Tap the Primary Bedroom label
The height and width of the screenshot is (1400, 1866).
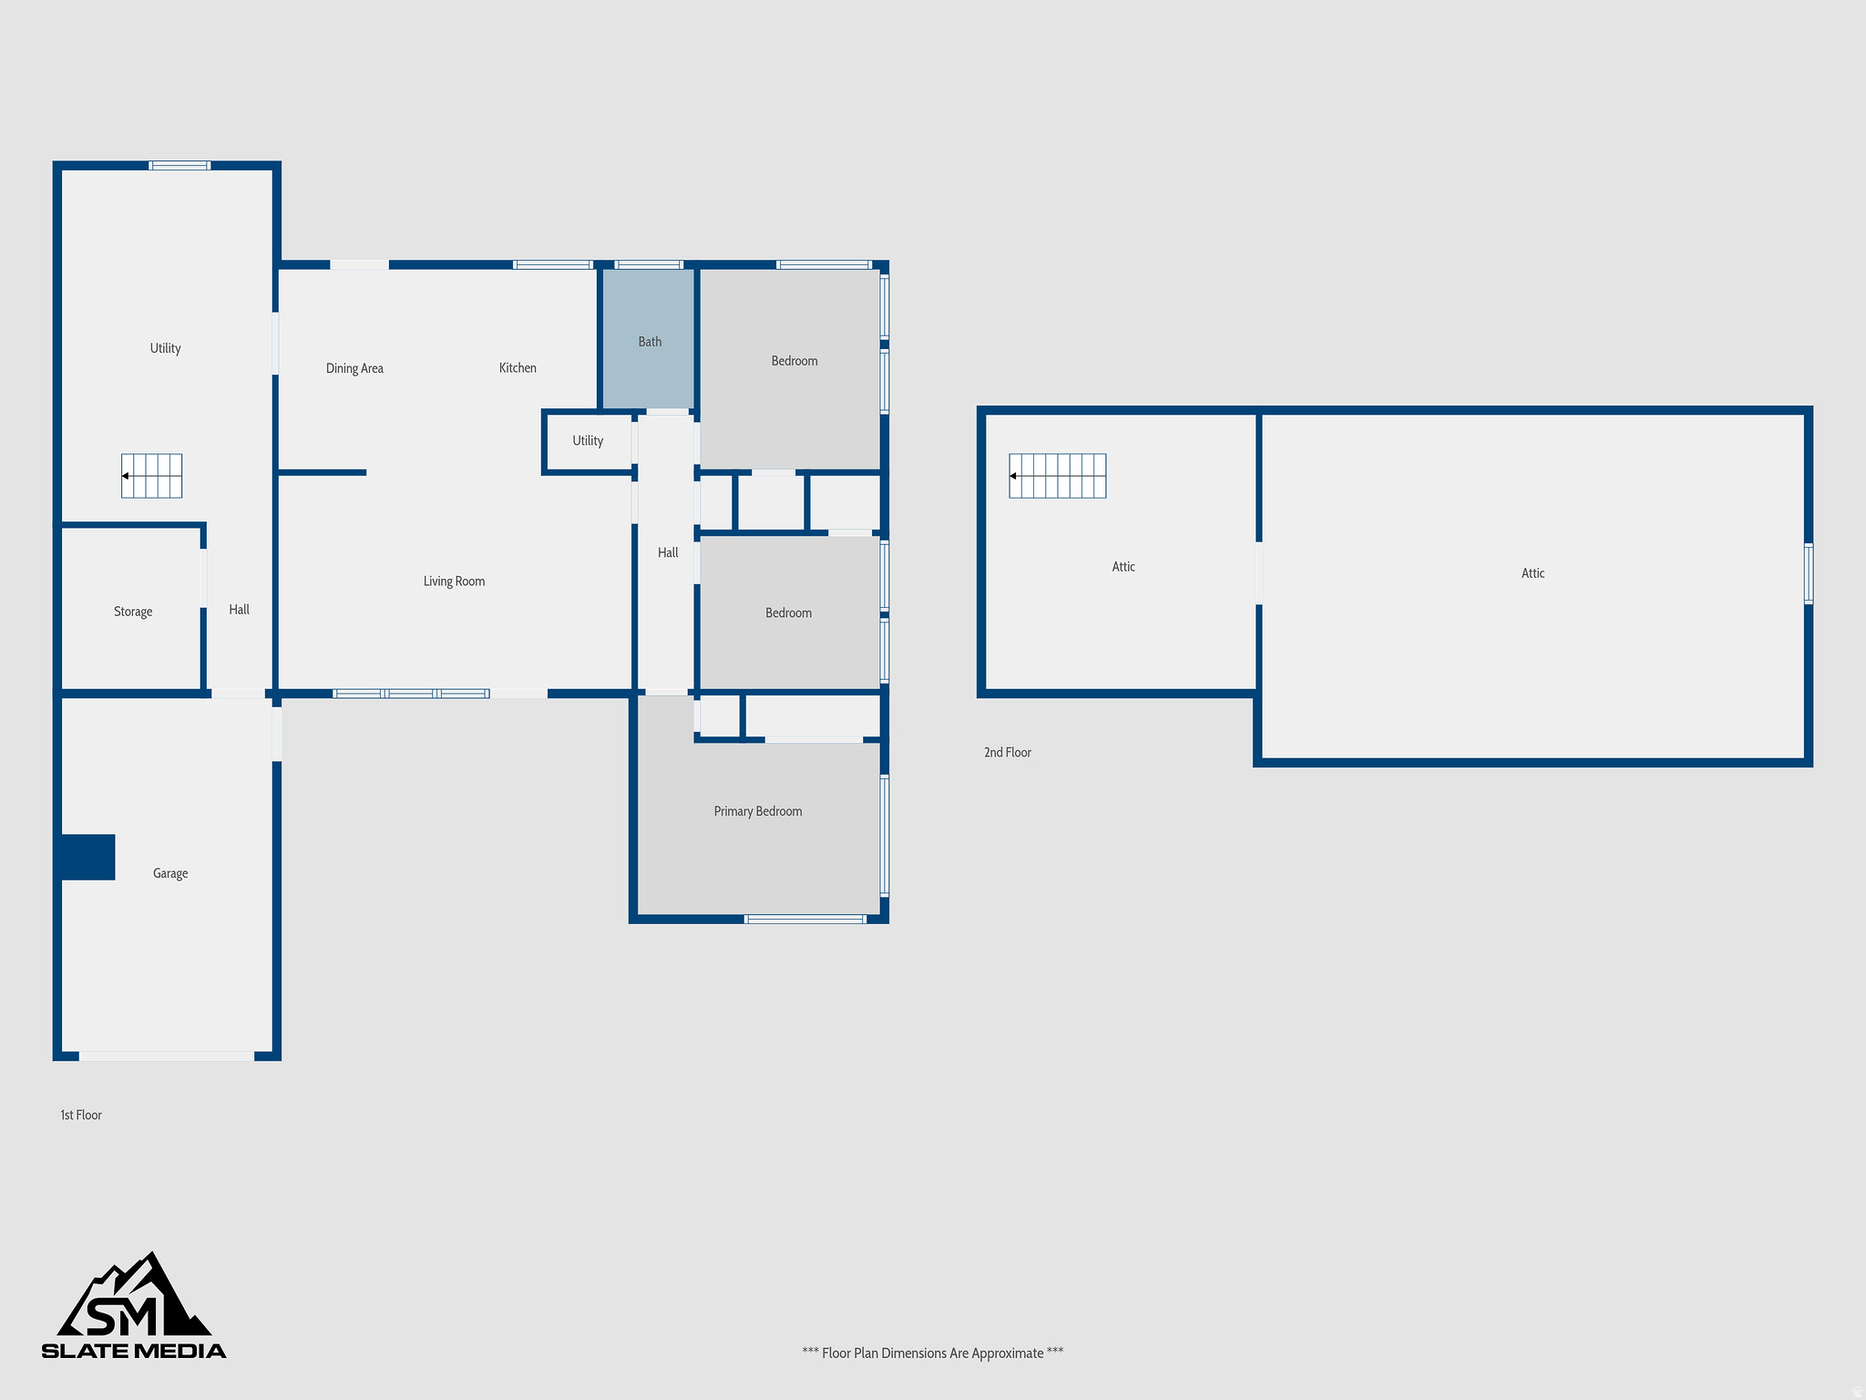[x=757, y=811]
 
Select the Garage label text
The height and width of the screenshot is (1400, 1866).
[x=170, y=873]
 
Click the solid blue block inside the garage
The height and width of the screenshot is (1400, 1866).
[x=87, y=857]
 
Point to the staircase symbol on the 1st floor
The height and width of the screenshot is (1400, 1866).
[x=152, y=476]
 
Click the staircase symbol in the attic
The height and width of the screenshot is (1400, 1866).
[x=1058, y=476]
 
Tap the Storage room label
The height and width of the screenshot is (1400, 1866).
[x=133, y=612]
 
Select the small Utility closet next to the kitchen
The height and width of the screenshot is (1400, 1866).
[x=588, y=441]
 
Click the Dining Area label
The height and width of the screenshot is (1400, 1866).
[x=354, y=368]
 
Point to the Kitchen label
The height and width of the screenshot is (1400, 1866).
[x=518, y=368]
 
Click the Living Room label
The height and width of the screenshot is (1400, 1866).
[x=454, y=582]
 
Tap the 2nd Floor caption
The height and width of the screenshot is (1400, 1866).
[x=1007, y=752]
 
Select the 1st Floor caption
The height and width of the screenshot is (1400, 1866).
[x=81, y=1115]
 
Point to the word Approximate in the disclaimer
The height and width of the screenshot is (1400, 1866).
[x=1007, y=1353]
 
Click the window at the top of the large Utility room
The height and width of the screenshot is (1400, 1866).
[x=179, y=165]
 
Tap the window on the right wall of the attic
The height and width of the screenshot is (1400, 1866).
[x=1809, y=573]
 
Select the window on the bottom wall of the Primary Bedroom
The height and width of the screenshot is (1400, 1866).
[x=805, y=919]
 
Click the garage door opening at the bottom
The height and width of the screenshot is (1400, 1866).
[x=167, y=1056]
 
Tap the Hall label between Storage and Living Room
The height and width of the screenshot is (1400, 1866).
[x=239, y=610]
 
